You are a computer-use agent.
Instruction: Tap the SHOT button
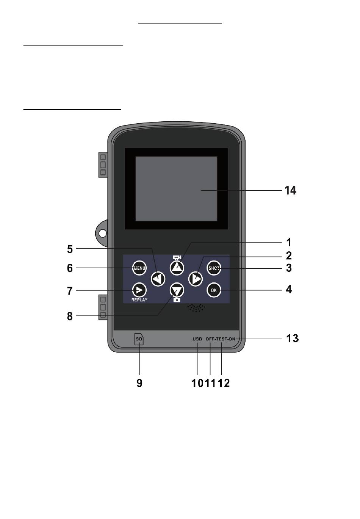(x=214, y=268)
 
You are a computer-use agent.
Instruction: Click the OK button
(x=214, y=290)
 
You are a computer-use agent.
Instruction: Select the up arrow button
(x=177, y=268)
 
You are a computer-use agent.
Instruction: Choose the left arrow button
(x=158, y=279)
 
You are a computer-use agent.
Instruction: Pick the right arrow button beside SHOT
(x=195, y=279)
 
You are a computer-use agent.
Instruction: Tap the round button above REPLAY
(x=139, y=290)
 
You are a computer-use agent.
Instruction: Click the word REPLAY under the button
(x=139, y=300)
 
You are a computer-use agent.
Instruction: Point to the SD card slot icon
(x=139, y=339)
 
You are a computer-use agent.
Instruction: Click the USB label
(x=197, y=339)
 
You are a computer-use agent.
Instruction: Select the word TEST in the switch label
(x=222, y=339)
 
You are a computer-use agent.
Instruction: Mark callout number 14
(x=290, y=190)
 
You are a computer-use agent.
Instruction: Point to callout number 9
(x=139, y=383)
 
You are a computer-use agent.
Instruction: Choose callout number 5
(x=70, y=249)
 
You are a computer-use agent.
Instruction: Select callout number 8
(x=70, y=316)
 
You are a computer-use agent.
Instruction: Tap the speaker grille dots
(x=196, y=308)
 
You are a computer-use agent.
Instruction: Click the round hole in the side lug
(x=103, y=233)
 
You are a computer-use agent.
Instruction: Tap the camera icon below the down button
(x=177, y=300)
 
